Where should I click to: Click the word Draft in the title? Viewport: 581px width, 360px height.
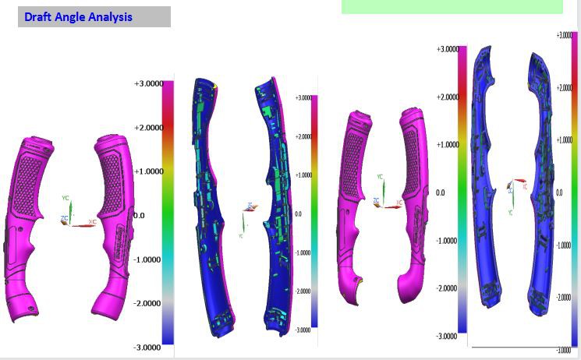click(38, 16)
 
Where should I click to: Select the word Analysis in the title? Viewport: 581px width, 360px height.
click(110, 16)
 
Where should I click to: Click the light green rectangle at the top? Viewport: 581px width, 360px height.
click(452, 6)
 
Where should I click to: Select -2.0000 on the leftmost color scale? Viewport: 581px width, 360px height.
click(148, 303)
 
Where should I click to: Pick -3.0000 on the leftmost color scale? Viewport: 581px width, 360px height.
click(148, 347)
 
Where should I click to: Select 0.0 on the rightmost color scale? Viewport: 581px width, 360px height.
click(559, 192)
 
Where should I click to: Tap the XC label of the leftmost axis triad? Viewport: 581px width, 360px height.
click(92, 222)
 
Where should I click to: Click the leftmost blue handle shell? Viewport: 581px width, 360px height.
click(208, 210)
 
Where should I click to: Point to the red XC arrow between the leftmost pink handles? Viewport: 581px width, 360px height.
click(82, 225)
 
